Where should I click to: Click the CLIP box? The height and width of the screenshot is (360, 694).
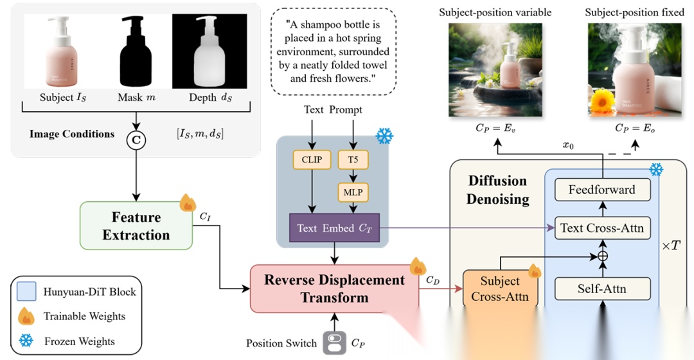click(312, 159)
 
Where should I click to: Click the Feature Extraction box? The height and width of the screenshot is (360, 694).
click(136, 226)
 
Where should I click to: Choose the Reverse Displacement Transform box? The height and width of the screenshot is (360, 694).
click(334, 289)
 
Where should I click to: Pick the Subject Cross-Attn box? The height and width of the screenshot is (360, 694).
click(500, 289)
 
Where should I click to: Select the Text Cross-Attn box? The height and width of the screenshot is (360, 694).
click(602, 228)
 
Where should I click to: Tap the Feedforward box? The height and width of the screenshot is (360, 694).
click(602, 190)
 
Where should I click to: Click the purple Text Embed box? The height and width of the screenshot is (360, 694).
click(334, 228)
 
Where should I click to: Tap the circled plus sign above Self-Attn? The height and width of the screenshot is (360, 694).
click(602, 256)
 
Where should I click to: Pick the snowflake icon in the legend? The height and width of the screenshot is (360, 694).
click(27, 340)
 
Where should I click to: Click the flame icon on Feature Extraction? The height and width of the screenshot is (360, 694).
click(188, 203)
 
